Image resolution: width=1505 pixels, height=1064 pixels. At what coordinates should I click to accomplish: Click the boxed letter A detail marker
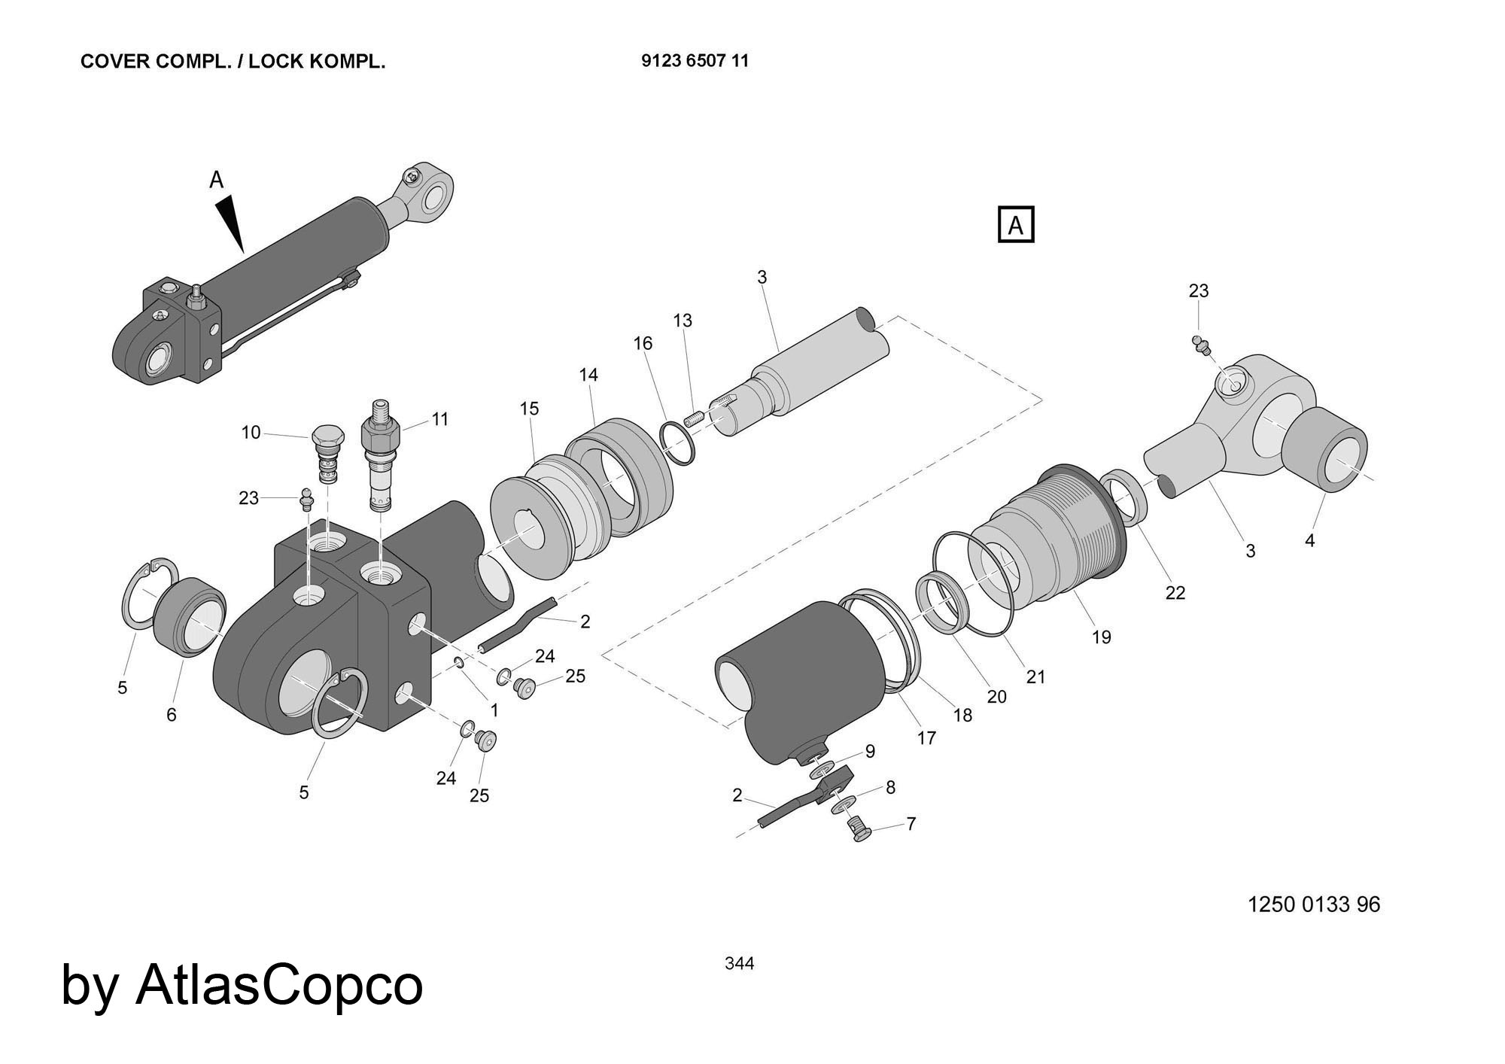click(1015, 225)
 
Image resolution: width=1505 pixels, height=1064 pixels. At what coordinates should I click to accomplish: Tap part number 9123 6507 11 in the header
click(695, 61)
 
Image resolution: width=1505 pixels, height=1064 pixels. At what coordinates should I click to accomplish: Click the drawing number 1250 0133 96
click(1314, 904)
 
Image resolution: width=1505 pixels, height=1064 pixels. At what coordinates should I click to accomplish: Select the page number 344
click(739, 963)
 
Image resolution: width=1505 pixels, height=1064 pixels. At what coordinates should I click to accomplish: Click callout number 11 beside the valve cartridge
click(440, 419)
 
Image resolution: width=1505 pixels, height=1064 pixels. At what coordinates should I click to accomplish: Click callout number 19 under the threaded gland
click(1101, 637)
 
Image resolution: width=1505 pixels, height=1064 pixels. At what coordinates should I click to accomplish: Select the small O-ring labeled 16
click(678, 445)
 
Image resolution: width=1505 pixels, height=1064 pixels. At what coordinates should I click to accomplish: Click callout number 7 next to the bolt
click(911, 824)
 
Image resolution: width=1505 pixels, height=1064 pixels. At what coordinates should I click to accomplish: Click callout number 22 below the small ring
click(1175, 593)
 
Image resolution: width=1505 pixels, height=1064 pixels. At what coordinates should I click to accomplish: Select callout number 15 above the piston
click(529, 409)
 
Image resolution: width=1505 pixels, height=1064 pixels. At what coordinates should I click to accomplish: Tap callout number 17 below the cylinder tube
click(926, 738)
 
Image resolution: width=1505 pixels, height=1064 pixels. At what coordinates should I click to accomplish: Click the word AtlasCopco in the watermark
click(279, 985)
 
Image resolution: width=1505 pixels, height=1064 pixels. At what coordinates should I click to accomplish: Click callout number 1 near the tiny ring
click(494, 710)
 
